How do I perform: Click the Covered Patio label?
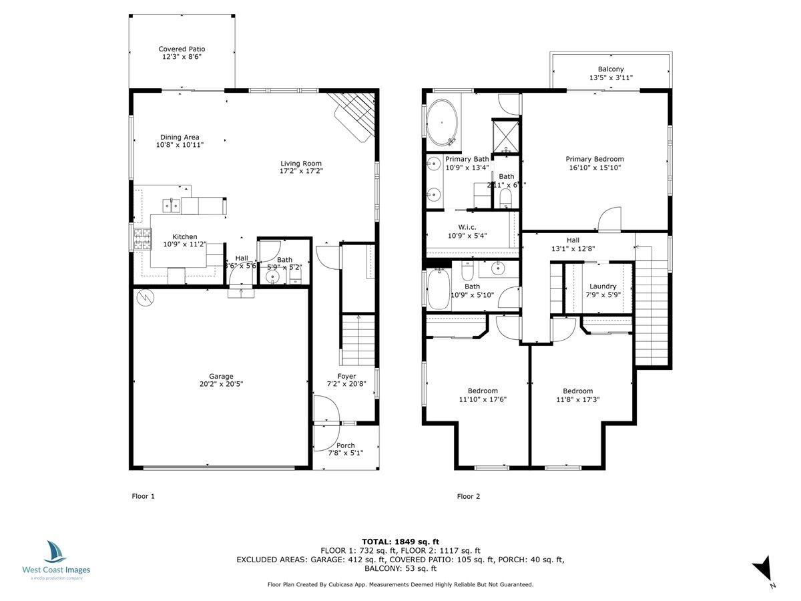[x=182, y=49]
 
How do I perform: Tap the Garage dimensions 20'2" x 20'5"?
[x=221, y=384]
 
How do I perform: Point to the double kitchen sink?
[x=172, y=205]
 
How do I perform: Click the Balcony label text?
[x=611, y=69]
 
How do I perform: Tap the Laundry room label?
[x=603, y=286]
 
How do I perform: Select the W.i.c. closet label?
[x=471, y=226]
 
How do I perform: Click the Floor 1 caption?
[x=143, y=496]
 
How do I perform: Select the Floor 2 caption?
[x=468, y=496]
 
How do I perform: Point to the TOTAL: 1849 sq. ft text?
[x=400, y=542]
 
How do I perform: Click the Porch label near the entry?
[x=346, y=445]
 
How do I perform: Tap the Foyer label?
[x=346, y=376]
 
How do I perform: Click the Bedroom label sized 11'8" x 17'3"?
[x=577, y=391]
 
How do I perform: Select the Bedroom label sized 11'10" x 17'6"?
[x=482, y=391]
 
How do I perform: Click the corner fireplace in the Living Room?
[x=354, y=115]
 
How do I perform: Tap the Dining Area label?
[x=179, y=137]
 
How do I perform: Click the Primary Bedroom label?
[x=595, y=159]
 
